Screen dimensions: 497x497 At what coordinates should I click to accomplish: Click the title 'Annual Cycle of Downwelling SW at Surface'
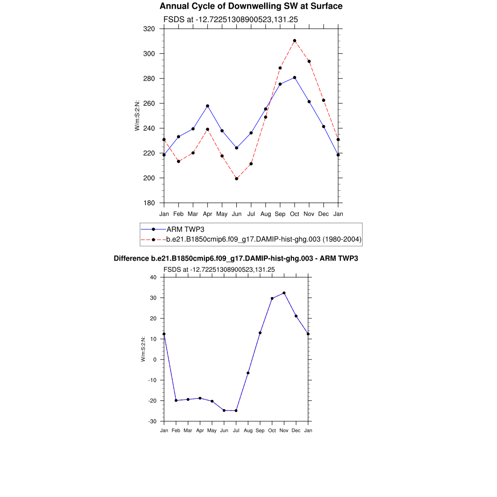pos(251,6)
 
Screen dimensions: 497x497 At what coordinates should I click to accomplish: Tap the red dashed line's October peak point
pos(295,41)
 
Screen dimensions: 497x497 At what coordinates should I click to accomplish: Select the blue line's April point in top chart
pos(207,106)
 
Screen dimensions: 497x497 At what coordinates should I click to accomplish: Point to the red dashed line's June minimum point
pos(236,179)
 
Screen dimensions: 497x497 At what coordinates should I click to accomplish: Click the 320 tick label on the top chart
pos(149,29)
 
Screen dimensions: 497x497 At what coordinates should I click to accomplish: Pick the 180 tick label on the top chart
pos(149,203)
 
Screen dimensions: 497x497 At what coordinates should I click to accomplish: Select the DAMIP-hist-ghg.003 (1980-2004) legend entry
pos(264,239)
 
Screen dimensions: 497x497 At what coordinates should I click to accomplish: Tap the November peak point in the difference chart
pos(284,293)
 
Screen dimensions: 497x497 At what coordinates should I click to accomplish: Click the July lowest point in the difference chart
pos(236,411)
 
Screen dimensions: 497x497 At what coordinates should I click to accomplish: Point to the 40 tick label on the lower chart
pos(153,278)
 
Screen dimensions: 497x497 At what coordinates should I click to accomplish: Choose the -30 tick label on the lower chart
pos(152,421)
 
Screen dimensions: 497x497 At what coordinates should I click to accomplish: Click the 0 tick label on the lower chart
pos(155,360)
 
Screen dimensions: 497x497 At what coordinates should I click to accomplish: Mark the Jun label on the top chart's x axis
pos(236,214)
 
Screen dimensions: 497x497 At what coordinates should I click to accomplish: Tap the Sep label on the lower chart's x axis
pos(260,431)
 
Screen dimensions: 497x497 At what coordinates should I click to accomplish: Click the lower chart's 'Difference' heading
pos(236,259)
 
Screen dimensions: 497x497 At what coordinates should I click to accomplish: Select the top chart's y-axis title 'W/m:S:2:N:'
pos(137,116)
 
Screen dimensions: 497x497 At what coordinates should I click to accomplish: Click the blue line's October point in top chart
pos(295,78)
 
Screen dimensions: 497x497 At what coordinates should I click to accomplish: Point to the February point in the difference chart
pos(176,400)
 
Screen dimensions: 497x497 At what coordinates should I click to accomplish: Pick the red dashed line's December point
pos(324,100)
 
